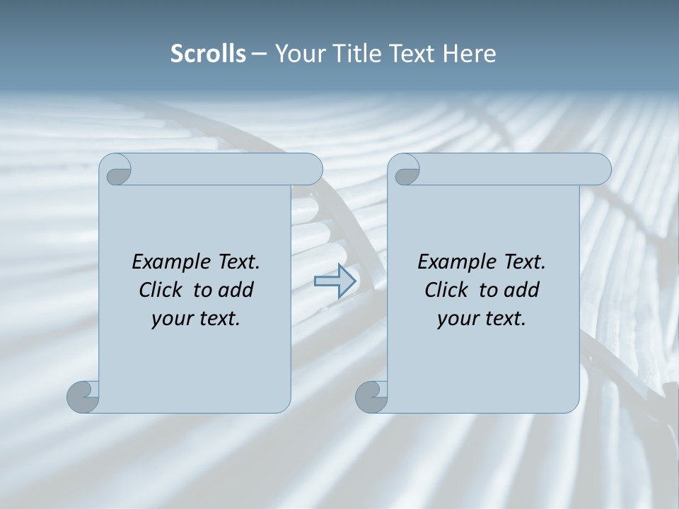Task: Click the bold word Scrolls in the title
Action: [x=208, y=54]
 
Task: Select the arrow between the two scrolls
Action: [x=335, y=281]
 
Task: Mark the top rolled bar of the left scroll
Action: [x=219, y=169]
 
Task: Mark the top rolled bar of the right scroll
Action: [x=509, y=169]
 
